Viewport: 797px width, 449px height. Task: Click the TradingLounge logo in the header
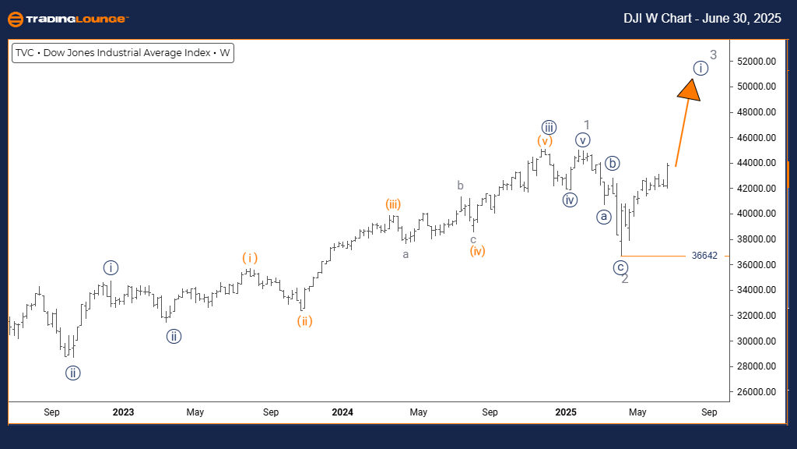[x=68, y=19]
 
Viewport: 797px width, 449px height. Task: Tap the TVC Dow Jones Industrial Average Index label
[x=122, y=54]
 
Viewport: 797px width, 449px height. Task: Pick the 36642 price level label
[x=704, y=256]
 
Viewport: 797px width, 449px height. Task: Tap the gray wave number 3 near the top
[x=713, y=55]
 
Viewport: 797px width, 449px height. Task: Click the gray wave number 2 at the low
[x=625, y=279]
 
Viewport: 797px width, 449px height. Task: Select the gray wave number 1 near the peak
[x=587, y=126]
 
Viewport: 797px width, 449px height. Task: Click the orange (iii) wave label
[x=392, y=204]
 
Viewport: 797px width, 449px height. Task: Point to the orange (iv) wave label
[x=477, y=251]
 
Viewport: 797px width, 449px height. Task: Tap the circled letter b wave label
[x=613, y=163]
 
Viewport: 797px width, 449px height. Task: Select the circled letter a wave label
[x=603, y=217]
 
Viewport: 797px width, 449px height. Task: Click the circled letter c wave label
[x=620, y=267]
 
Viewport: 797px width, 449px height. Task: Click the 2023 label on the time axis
[x=123, y=412]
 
